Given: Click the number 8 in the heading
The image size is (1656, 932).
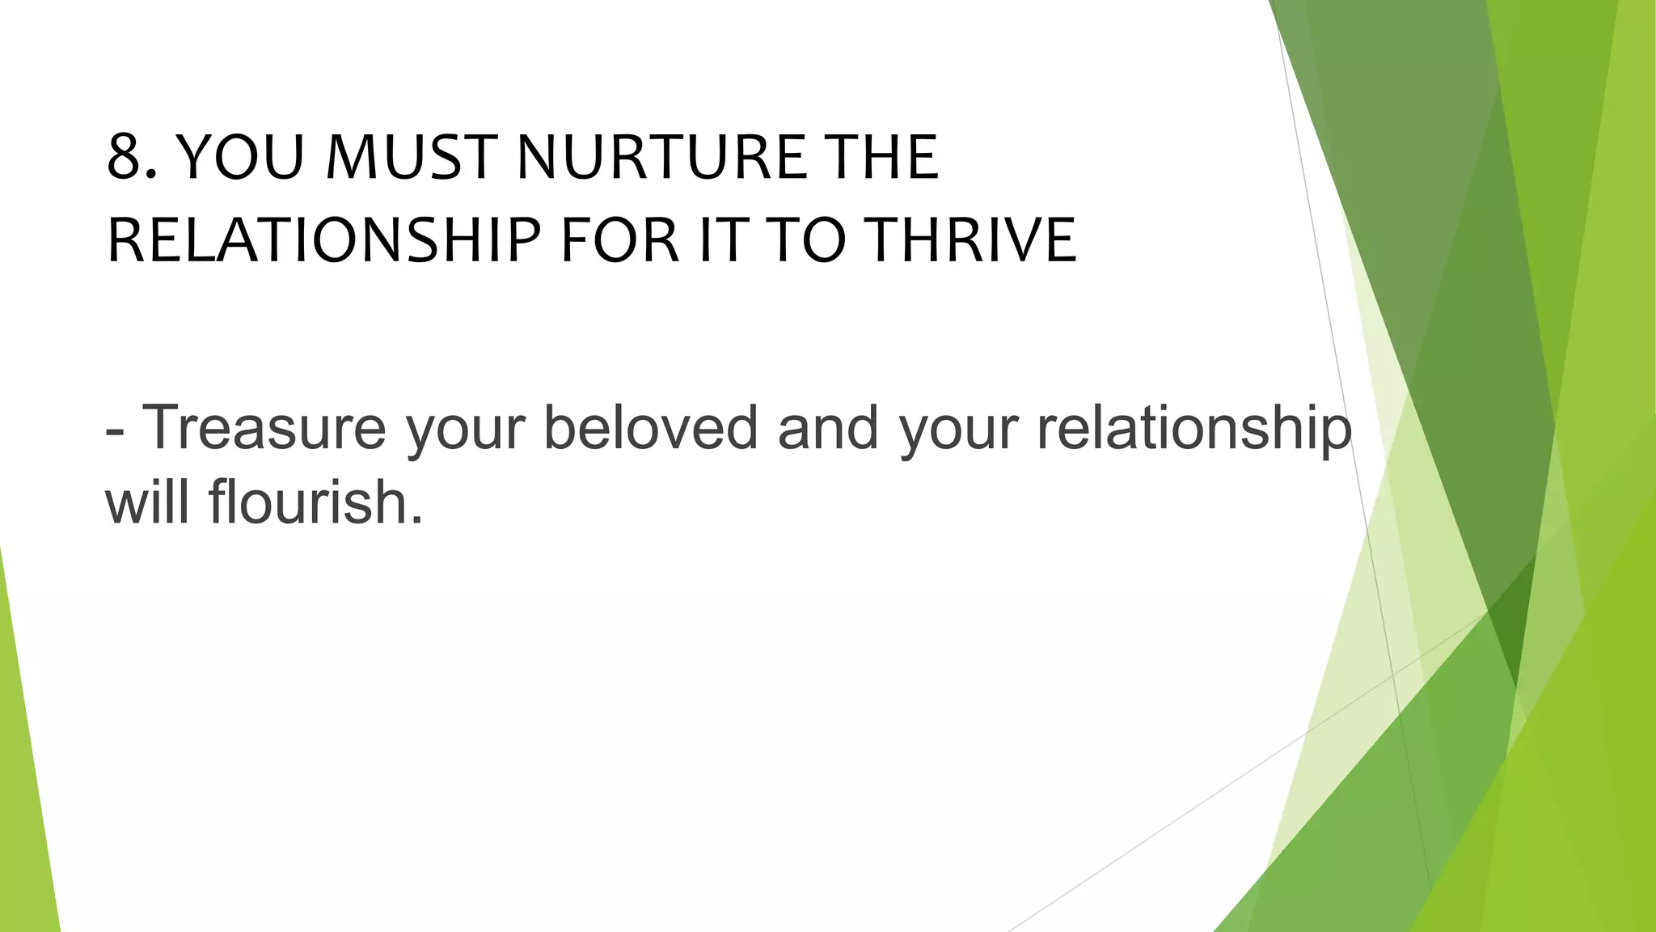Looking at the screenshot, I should pyautogui.click(x=127, y=157).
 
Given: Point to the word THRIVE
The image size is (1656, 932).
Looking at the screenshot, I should pyautogui.click(x=974, y=241).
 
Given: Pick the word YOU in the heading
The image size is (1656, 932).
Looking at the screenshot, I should pyautogui.click(x=239, y=157).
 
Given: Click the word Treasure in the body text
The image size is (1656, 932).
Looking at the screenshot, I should pyautogui.click(x=264, y=427).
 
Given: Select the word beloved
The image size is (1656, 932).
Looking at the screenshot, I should pyautogui.click(x=650, y=427).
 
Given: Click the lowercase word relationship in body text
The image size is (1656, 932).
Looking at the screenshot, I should pyautogui.click(x=1193, y=427).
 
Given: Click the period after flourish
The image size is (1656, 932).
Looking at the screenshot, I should pyautogui.click(x=416, y=520).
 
